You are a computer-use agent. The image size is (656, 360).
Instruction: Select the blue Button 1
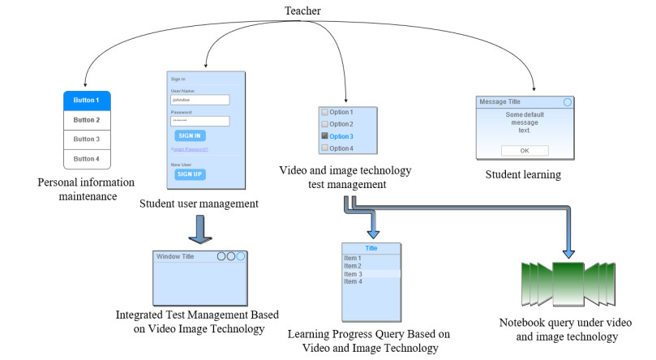click(87, 101)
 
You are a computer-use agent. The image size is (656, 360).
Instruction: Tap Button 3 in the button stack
click(87, 139)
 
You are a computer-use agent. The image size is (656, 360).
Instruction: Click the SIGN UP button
click(189, 174)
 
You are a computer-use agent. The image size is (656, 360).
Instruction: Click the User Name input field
click(199, 101)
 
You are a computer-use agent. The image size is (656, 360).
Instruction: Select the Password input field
click(199, 121)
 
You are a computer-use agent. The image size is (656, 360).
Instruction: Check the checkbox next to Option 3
click(324, 136)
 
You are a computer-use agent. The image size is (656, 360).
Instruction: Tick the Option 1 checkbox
click(324, 111)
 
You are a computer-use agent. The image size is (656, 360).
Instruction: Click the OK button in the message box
click(524, 151)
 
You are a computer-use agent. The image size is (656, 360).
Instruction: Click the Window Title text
click(176, 256)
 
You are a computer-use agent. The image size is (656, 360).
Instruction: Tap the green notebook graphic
click(574, 281)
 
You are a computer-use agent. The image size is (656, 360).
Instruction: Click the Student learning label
click(523, 174)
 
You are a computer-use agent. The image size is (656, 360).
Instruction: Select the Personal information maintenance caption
click(86, 188)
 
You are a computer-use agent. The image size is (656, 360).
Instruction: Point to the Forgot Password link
click(190, 150)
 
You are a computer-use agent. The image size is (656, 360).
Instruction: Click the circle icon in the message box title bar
click(568, 102)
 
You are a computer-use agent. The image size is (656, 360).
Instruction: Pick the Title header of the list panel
click(371, 249)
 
